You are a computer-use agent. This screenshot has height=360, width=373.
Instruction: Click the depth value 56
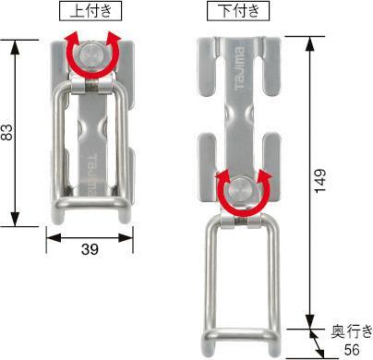coord(352,349)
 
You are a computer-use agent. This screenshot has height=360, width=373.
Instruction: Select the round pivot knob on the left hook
coord(90,59)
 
